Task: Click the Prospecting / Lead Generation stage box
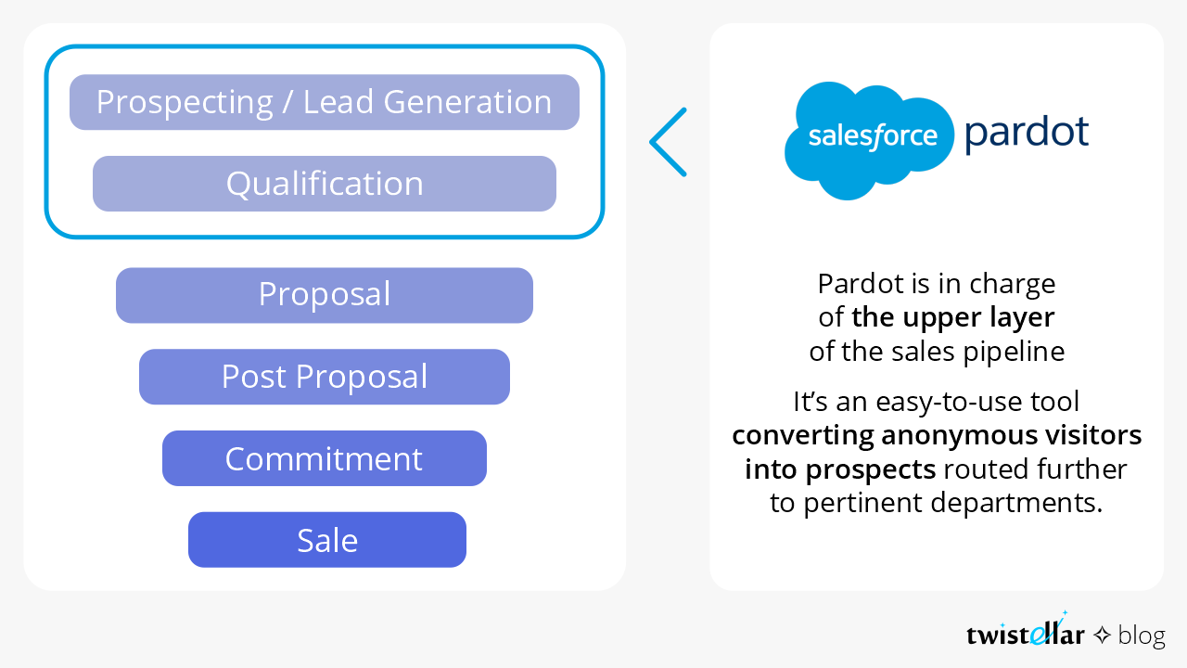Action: point(325,102)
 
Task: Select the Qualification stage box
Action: point(325,184)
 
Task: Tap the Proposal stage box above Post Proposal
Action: point(325,295)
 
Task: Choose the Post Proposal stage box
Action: point(325,377)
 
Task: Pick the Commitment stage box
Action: point(325,458)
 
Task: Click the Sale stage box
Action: point(327,540)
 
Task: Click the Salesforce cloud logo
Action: point(869,140)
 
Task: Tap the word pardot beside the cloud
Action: point(1027,133)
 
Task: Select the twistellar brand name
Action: point(1025,631)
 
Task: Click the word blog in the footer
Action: point(1142,636)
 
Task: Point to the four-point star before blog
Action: point(1103,635)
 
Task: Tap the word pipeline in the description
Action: point(1014,353)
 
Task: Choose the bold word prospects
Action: point(871,470)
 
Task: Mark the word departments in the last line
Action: point(1016,504)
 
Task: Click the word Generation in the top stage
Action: point(467,102)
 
